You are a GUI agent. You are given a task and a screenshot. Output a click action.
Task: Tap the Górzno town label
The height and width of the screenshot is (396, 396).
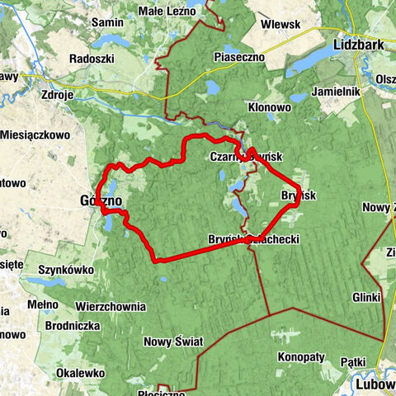pyautogui.click(x=101, y=200)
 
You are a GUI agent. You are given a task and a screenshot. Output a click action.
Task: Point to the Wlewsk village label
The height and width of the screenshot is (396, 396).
pyautogui.click(x=279, y=25)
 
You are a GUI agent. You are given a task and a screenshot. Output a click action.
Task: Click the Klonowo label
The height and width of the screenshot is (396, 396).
pyautogui.click(x=269, y=107)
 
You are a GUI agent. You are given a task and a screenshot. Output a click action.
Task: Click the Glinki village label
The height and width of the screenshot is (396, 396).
pyautogui.click(x=365, y=297)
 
